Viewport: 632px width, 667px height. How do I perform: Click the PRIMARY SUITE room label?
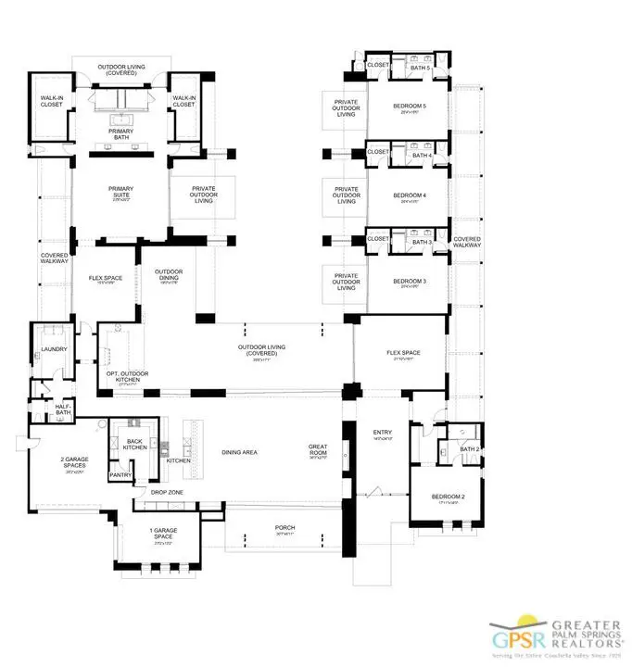click(121, 192)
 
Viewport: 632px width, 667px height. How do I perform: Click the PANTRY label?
click(120, 474)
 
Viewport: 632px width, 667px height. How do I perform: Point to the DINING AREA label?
click(238, 453)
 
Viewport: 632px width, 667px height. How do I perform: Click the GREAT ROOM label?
click(318, 451)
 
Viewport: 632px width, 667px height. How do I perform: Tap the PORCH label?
click(284, 528)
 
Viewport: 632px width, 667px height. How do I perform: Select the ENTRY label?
click(382, 433)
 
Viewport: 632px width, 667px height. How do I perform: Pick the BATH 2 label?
click(469, 449)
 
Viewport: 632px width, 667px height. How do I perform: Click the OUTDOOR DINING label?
click(169, 275)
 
